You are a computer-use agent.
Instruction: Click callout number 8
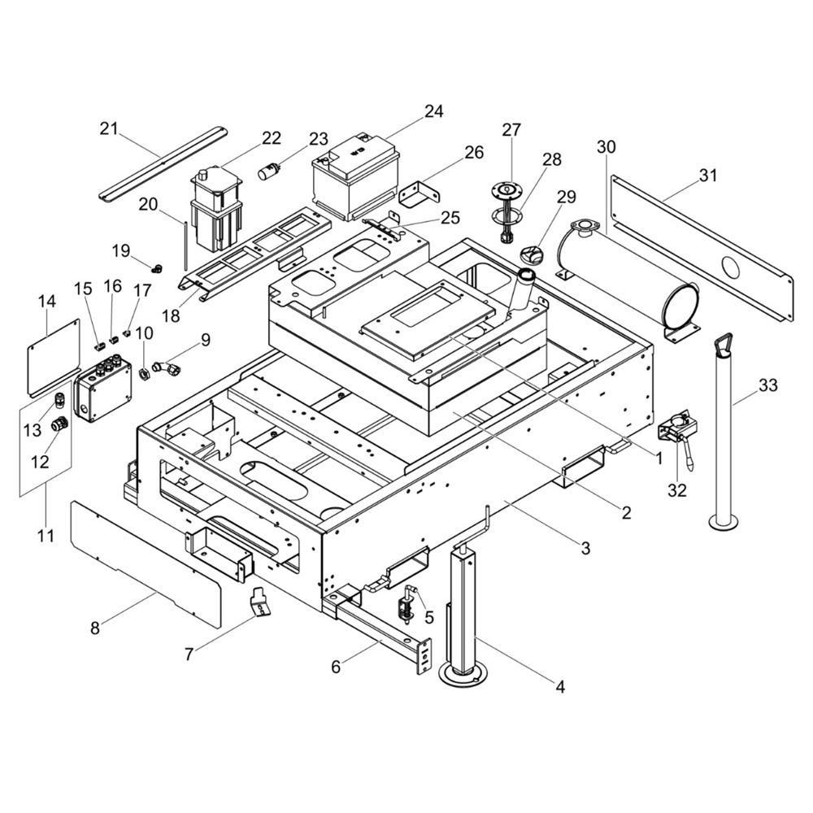click(95, 628)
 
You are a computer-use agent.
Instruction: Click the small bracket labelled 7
click(259, 602)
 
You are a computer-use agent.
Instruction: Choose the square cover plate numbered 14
click(54, 355)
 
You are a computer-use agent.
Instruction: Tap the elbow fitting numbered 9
click(167, 369)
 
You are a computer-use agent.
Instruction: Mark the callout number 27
click(511, 130)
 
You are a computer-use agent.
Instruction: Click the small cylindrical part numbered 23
click(270, 172)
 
